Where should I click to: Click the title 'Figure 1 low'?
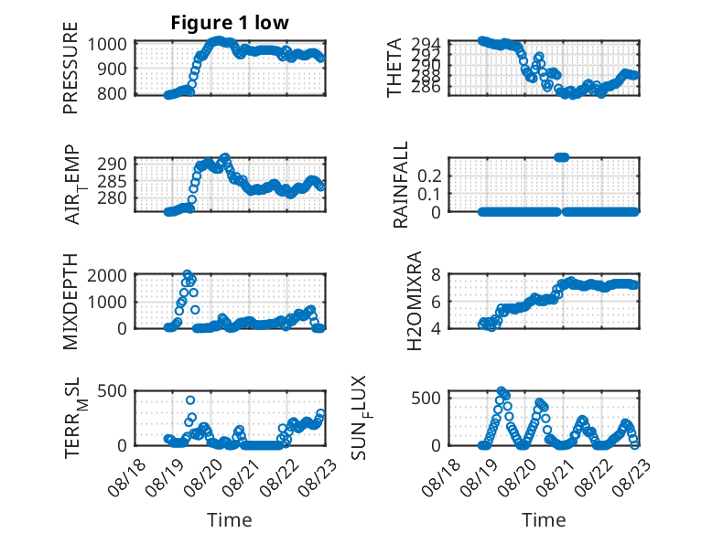click(230, 23)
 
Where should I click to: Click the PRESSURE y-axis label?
click(70, 68)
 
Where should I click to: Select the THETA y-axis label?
click(394, 68)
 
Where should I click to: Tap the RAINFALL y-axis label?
click(401, 185)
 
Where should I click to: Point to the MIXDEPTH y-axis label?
click(70, 302)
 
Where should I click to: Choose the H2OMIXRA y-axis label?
click(415, 301)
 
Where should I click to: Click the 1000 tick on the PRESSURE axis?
click(107, 45)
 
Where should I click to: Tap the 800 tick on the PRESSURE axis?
click(113, 93)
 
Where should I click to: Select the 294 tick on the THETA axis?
click(426, 44)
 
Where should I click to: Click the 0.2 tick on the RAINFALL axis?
click(429, 176)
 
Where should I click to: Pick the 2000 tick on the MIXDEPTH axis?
click(107, 275)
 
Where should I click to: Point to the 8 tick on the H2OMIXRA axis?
click(436, 274)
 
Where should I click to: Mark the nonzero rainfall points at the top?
click(562, 157)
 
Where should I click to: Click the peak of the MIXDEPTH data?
click(187, 274)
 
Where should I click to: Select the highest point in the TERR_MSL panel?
click(190, 400)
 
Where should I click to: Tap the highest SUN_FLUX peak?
click(501, 391)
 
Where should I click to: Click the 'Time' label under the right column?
click(544, 519)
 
